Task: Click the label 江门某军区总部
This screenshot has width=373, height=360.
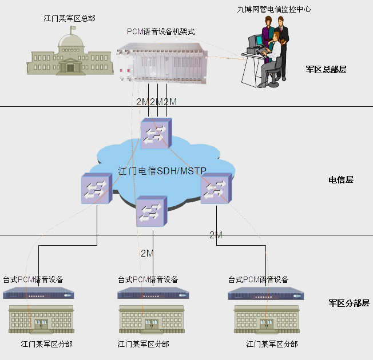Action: (x=70, y=18)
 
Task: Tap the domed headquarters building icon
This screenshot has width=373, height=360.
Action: (x=70, y=54)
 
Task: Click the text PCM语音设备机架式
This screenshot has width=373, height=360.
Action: (x=161, y=31)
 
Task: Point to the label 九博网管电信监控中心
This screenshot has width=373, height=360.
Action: (x=275, y=9)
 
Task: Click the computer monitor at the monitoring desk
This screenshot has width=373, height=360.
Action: (x=255, y=42)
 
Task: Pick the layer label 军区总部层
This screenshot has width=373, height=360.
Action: (x=326, y=70)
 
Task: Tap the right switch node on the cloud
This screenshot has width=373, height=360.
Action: (x=216, y=187)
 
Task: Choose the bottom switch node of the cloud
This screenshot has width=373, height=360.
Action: (x=152, y=211)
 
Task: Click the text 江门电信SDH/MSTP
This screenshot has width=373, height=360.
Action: (x=162, y=170)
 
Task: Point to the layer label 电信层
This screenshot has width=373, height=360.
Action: (x=341, y=179)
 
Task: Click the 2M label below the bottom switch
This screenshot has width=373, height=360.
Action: (x=147, y=253)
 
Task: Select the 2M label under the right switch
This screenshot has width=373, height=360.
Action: (x=216, y=235)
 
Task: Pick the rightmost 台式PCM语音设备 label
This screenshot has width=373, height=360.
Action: (x=259, y=279)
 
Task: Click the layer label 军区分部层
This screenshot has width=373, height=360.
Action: (x=349, y=303)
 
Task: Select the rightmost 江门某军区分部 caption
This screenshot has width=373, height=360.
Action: (x=272, y=344)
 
